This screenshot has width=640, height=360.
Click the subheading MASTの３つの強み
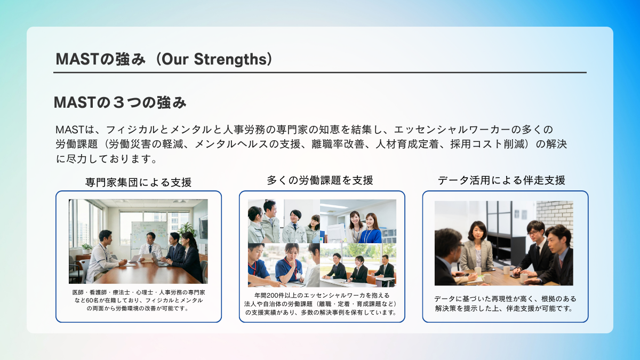click(x=121, y=102)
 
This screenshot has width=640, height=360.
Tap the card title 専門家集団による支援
click(x=138, y=182)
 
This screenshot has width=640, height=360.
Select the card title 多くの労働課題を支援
click(x=320, y=180)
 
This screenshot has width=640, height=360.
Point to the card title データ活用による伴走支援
click(x=502, y=180)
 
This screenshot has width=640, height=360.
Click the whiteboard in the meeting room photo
click(x=149, y=234)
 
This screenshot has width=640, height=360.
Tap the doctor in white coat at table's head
click(x=150, y=246)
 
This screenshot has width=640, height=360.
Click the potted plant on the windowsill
click(x=86, y=249)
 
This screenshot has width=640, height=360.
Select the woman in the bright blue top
click(x=371, y=229)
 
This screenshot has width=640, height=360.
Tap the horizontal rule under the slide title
click(x=320, y=73)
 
